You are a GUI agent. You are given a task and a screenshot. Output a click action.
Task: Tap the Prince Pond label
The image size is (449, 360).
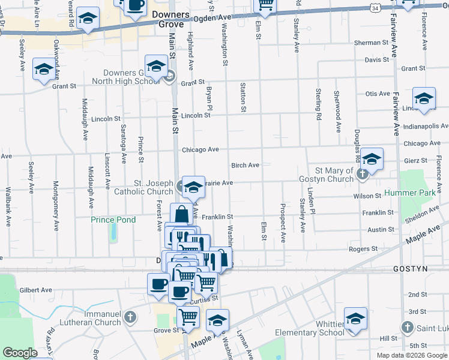coord(113,220)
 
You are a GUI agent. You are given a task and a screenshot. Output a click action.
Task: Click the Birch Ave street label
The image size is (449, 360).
coord(245,165)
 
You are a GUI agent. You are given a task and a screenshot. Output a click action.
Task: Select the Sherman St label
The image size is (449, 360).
coord(371,43)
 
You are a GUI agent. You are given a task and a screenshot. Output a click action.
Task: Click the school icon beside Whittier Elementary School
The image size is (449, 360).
coord(355,319)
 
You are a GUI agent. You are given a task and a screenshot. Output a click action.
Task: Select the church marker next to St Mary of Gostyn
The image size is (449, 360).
coord(362,174)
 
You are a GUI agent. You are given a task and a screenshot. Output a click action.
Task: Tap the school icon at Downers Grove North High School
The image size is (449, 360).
coord(156,67)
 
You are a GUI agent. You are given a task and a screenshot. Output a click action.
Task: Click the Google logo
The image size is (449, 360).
coord(20,353)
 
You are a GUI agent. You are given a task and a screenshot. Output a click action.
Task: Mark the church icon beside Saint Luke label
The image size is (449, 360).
coord(407,328)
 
